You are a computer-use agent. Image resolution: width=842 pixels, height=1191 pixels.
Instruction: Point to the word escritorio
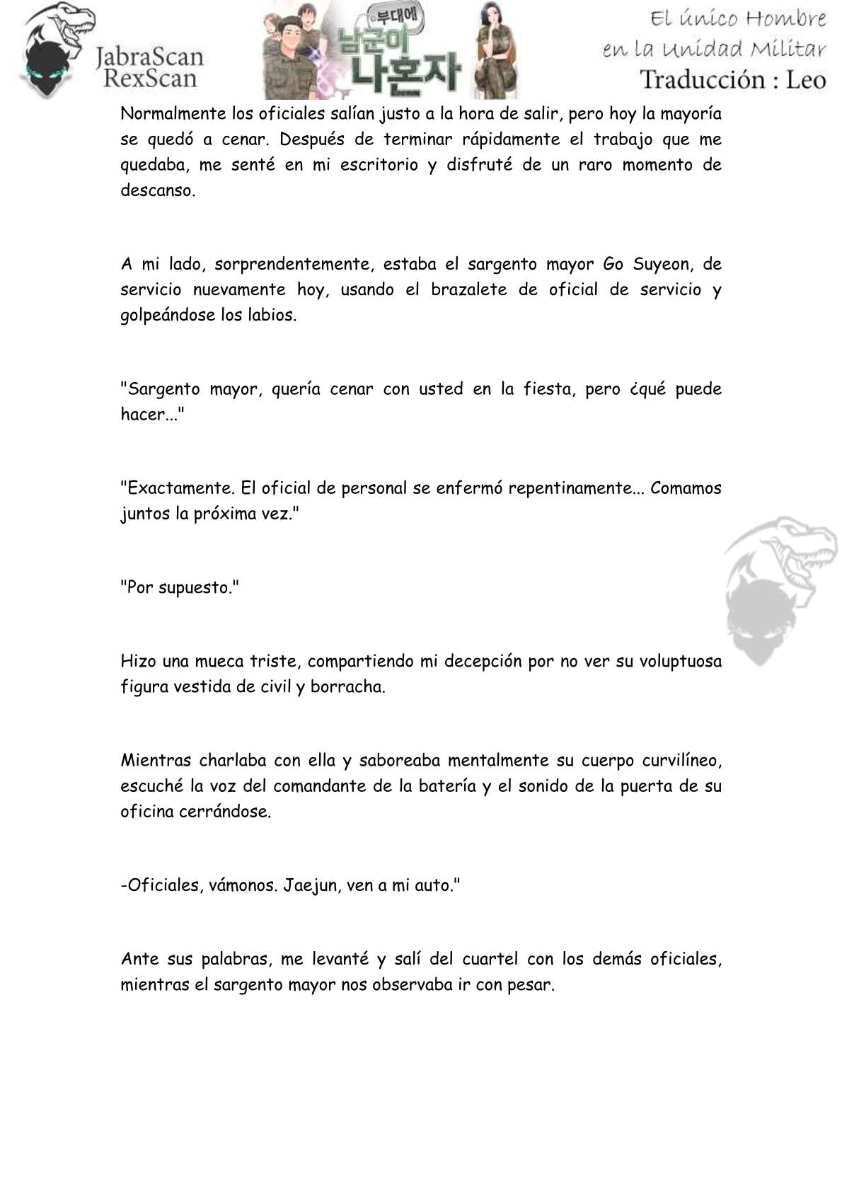(379, 165)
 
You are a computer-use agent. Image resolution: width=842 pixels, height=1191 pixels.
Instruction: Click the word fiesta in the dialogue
(549, 389)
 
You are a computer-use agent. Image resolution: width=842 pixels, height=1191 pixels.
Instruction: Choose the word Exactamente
(178, 488)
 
